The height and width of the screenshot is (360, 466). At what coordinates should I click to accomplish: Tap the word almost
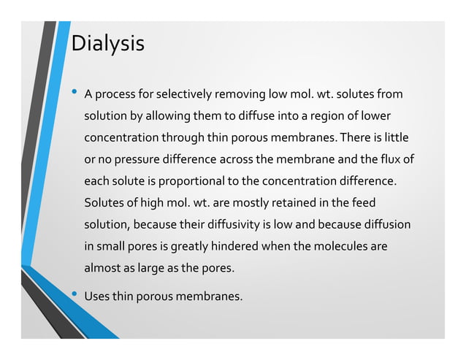point(102,268)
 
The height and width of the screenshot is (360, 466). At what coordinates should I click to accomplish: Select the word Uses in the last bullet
point(97,296)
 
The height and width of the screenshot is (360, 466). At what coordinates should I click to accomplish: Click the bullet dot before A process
point(75,93)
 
